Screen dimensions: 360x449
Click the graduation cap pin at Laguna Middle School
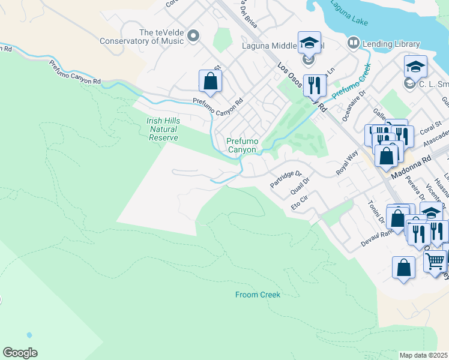click(x=309, y=43)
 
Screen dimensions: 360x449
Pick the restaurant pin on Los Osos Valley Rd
click(x=313, y=86)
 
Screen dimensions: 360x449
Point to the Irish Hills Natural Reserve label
click(x=162, y=129)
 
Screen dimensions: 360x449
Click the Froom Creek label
click(x=258, y=295)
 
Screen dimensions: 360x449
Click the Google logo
click(x=20, y=352)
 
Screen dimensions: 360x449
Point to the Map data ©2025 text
click(x=424, y=355)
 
